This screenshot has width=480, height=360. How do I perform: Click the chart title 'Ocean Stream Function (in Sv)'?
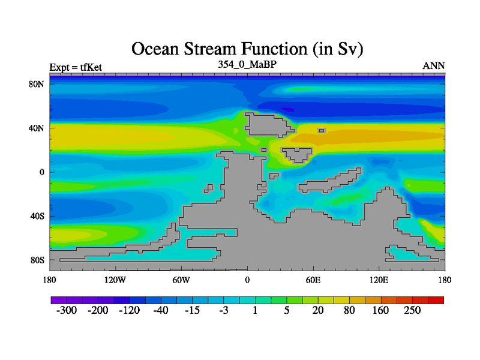247,49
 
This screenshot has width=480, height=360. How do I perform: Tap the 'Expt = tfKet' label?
76,67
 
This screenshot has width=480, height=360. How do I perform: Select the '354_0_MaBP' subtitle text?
247,64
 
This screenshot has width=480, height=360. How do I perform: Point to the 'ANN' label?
433,66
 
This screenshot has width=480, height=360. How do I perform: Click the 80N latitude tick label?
37,84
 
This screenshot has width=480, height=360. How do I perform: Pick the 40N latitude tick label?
37,128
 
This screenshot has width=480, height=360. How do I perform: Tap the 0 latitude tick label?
41,172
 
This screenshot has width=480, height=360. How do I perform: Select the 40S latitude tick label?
37,216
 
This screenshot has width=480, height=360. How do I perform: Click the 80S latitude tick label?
37,260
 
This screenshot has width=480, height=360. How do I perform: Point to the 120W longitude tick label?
115,280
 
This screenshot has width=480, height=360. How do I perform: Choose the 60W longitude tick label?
181,280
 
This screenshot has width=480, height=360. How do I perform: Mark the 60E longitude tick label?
313,280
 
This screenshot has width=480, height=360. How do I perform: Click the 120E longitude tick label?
379,280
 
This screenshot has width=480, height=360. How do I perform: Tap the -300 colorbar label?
67,310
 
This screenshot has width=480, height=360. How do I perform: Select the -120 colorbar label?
129,310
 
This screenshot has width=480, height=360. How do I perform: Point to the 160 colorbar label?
380,310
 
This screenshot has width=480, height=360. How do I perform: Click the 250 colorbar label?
412,310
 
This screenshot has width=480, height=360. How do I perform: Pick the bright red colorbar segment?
436,300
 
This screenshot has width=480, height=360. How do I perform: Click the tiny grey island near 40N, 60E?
322,131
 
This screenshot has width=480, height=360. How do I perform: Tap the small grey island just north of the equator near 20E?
274,176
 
